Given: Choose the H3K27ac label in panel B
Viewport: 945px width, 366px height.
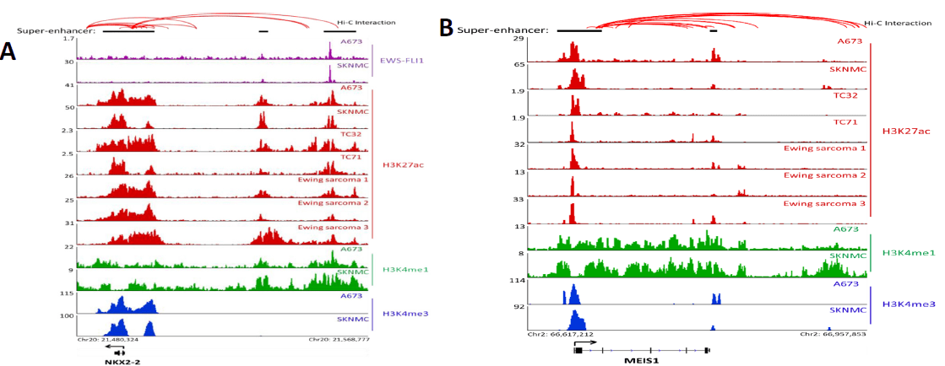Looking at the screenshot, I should (x=906, y=132).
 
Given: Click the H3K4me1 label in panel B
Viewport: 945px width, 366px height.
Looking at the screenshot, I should (x=908, y=252).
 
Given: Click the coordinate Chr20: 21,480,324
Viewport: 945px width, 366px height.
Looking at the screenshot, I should (x=107, y=340).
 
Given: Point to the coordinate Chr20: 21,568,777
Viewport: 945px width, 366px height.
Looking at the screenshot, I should (x=339, y=340).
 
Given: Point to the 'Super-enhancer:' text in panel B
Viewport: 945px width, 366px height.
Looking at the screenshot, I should (x=502, y=30).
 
